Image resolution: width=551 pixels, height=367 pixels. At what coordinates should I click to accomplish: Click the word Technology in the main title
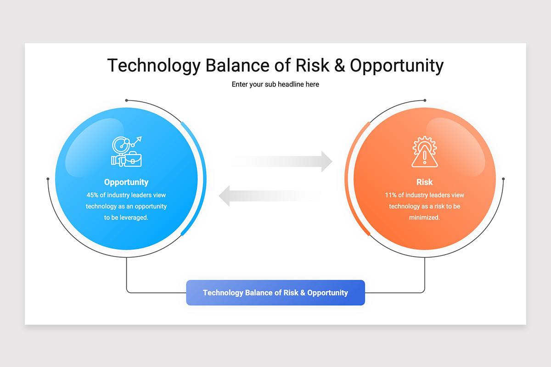154,66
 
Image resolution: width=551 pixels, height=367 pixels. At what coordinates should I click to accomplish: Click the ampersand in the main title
339,66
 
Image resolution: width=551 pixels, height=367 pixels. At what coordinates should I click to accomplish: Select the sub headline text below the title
275,84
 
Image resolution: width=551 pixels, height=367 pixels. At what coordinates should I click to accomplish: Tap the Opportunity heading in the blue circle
126,182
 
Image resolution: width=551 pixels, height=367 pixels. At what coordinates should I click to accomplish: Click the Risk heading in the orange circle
424,182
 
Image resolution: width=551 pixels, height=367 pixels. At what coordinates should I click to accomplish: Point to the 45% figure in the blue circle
92,195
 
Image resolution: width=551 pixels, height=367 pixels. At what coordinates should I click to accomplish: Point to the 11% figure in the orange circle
391,195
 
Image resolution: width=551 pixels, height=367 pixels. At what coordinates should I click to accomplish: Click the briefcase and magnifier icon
126,151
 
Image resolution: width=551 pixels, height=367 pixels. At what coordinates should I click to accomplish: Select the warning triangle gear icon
425,152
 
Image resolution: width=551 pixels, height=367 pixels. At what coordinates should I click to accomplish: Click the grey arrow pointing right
281,161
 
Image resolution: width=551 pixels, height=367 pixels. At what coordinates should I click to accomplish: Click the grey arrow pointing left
270,196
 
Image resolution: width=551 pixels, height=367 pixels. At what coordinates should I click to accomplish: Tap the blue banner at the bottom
275,293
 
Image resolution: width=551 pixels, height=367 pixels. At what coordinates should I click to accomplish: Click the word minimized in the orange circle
424,217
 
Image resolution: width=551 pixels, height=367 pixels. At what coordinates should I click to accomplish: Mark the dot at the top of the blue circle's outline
126,100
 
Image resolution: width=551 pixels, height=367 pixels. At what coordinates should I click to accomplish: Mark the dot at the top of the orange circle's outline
425,100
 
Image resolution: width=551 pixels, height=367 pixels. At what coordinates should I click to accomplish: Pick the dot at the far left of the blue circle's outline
48,179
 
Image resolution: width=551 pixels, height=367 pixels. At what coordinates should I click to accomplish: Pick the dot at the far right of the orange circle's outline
503,179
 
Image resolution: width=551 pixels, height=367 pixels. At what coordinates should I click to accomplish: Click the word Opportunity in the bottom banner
328,293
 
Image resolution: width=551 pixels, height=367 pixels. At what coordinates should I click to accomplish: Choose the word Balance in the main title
237,66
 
